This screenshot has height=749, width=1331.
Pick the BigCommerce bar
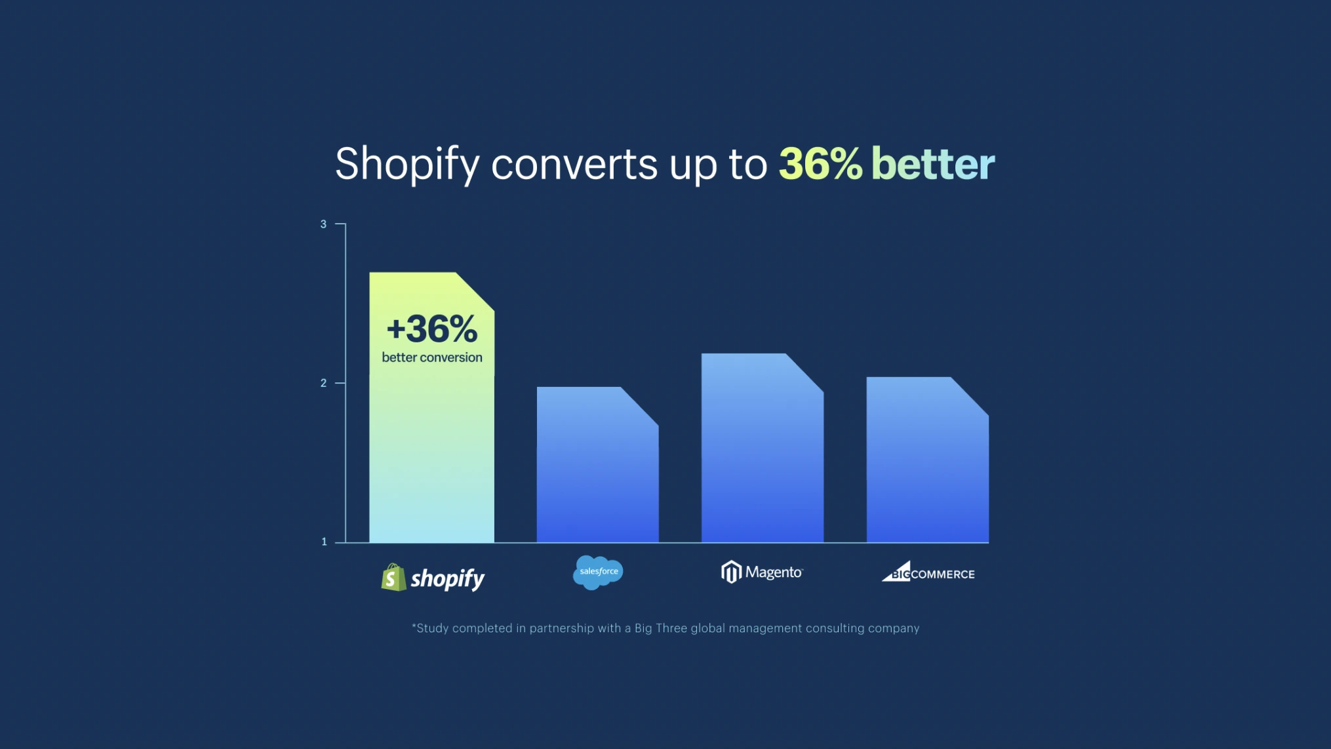point(927,460)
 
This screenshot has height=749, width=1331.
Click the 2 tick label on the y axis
point(323,383)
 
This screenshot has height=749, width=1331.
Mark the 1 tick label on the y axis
point(324,542)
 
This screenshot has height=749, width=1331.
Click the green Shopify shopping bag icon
point(393,577)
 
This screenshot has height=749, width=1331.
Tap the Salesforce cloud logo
point(598,573)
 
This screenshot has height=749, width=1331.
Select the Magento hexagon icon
point(731,572)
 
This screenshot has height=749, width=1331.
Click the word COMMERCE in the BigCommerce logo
point(943,575)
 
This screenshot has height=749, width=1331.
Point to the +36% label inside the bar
point(432,329)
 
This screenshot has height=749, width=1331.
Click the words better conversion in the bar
point(432,357)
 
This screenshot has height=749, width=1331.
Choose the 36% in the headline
point(820,163)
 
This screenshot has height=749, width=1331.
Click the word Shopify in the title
point(407,164)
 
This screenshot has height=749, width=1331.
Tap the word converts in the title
point(574,165)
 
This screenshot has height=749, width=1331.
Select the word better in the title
point(933,163)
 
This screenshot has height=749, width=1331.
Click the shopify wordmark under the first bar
point(448,579)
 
